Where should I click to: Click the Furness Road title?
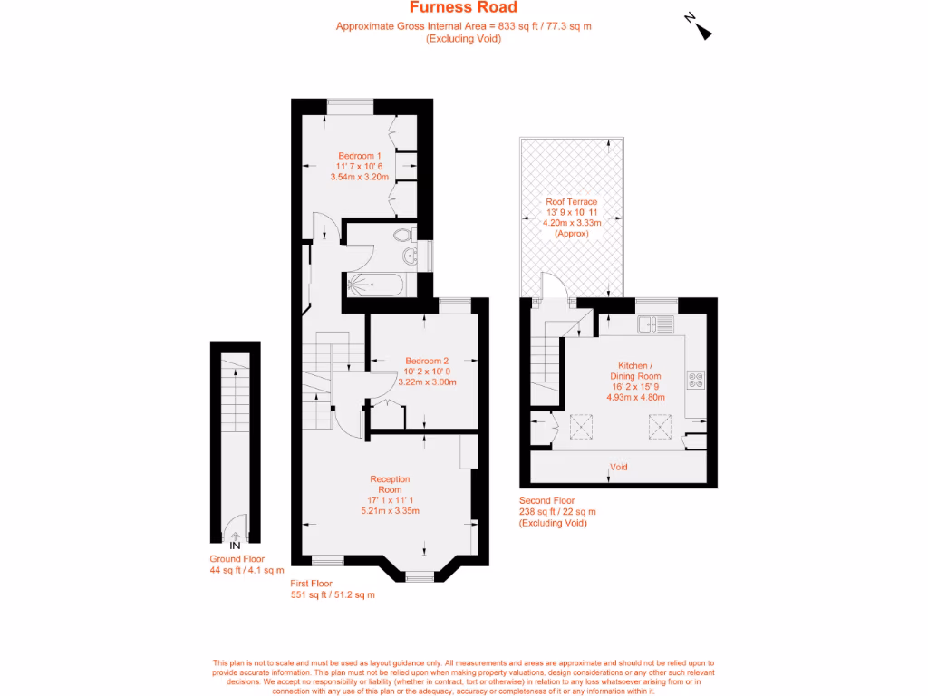point(463,8)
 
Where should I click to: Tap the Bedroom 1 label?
point(360,155)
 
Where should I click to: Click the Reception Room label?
point(390,484)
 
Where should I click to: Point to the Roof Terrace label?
point(571,201)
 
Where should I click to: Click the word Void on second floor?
point(620,468)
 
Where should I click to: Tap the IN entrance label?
point(235,546)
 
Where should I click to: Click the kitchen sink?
point(653,324)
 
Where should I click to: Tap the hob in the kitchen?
point(696,381)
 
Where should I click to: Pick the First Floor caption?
point(311,584)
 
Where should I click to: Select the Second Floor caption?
point(546,500)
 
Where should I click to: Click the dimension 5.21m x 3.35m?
point(390,510)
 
